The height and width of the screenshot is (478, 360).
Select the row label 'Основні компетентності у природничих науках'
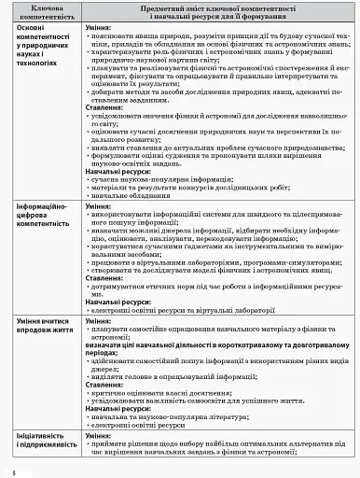pyautogui.click(x=40, y=50)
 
